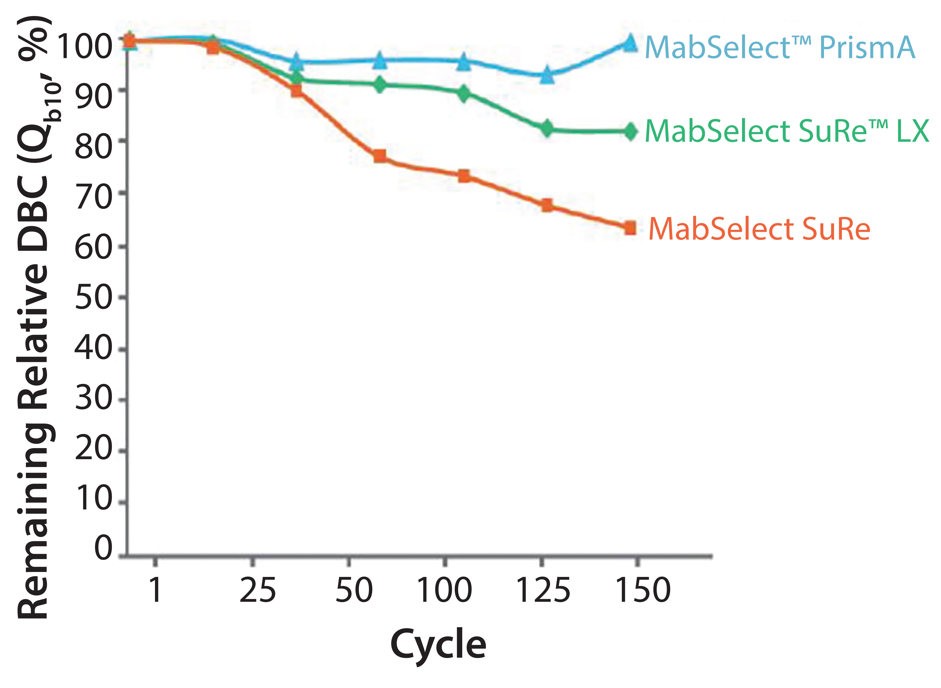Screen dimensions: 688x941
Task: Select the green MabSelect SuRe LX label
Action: (x=787, y=131)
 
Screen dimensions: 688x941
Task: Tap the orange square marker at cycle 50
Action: (x=380, y=156)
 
